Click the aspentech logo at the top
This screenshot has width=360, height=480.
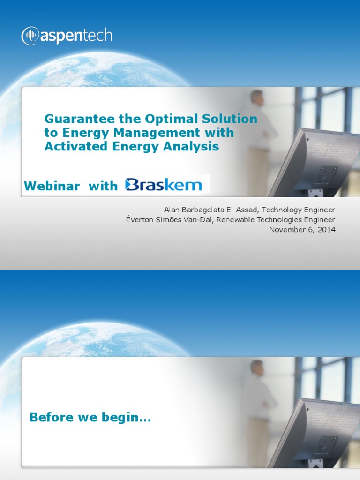67,36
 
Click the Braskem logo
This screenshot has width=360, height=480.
164,184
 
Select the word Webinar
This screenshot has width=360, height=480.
52,186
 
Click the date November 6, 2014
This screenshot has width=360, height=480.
302,229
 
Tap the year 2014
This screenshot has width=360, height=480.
327,229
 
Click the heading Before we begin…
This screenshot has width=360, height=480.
90,417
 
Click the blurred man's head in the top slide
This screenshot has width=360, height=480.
257,98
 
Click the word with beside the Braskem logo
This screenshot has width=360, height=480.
103,186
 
